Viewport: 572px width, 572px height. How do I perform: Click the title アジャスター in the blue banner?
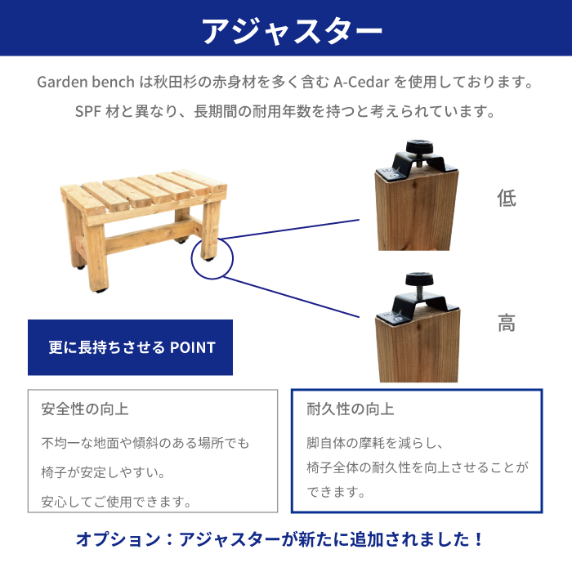pyautogui.click(x=292, y=30)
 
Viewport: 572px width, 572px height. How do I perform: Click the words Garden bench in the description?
pyautogui.click(x=86, y=82)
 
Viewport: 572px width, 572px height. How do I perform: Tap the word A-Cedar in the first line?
pyautogui.click(x=361, y=82)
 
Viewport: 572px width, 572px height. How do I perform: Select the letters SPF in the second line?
pyautogui.click(x=88, y=111)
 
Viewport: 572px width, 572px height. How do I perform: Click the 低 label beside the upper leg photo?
pyautogui.click(x=507, y=198)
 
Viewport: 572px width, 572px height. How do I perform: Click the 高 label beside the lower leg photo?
pyautogui.click(x=507, y=323)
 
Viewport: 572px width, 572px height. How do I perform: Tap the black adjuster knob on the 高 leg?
pyautogui.click(x=419, y=279)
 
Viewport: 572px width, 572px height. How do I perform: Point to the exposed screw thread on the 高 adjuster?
pyautogui.click(x=420, y=293)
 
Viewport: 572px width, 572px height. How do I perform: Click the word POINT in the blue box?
pyautogui.click(x=193, y=347)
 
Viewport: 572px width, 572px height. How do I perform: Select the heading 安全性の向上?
pyautogui.click(x=85, y=409)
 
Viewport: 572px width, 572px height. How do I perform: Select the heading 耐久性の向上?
pyautogui.click(x=351, y=409)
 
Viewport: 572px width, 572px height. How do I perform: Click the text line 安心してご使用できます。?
pyautogui.click(x=116, y=502)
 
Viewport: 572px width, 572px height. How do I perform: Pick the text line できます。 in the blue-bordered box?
pyautogui.click(x=336, y=492)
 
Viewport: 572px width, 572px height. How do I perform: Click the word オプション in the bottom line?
pyautogui.click(x=118, y=539)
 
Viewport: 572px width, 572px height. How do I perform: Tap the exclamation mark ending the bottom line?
pyautogui.click(x=479, y=539)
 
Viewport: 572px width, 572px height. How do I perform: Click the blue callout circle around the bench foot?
pyautogui.click(x=191, y=259)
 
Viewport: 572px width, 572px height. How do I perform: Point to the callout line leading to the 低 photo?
pyautogui.click(x=289, y=230)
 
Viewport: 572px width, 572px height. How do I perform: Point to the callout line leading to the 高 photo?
pyautogui.click(x=292, y=297)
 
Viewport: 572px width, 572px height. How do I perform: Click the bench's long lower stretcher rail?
pyautogui.click(x=150, y=236)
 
